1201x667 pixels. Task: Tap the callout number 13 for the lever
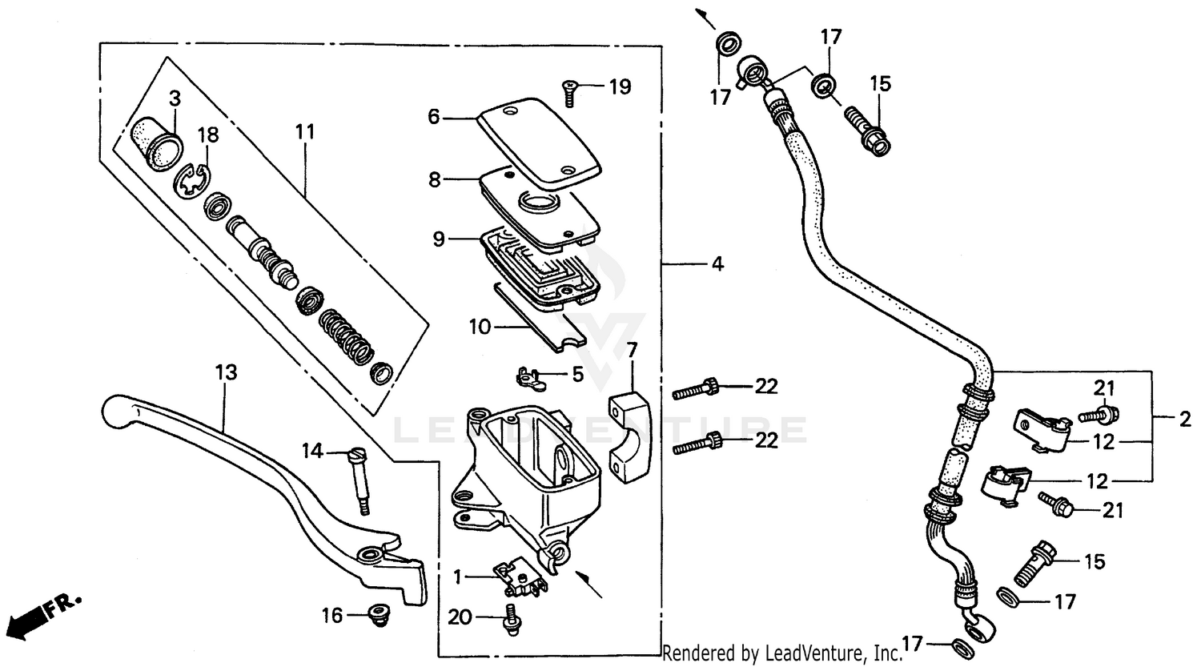[x=226, y=372]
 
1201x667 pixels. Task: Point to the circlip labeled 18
[x=193, y=179]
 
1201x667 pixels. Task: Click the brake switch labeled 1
[x=521, y=578]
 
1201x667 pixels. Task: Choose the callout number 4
[x=717, y=263]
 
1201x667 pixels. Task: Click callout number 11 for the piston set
[x=305, y=131]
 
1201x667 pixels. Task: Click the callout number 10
[x=480, y=326]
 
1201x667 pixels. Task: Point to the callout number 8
[x=434, y=179]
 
